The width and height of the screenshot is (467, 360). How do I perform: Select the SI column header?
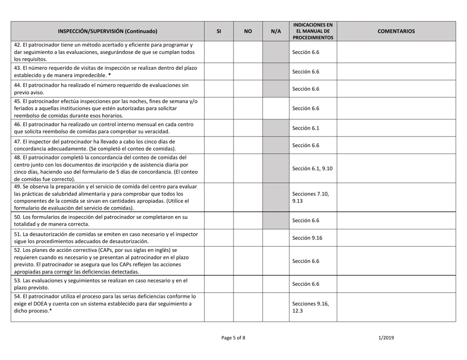218,31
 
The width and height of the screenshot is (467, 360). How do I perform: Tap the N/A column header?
276,31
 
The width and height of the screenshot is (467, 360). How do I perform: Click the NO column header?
248,31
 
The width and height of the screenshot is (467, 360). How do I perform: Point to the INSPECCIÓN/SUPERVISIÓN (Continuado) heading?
108,31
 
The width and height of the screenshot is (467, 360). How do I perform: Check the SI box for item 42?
218,52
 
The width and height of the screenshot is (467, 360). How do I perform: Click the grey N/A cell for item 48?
276,168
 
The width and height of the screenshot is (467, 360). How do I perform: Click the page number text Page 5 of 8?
233,337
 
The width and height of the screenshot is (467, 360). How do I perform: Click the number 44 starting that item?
18,85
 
